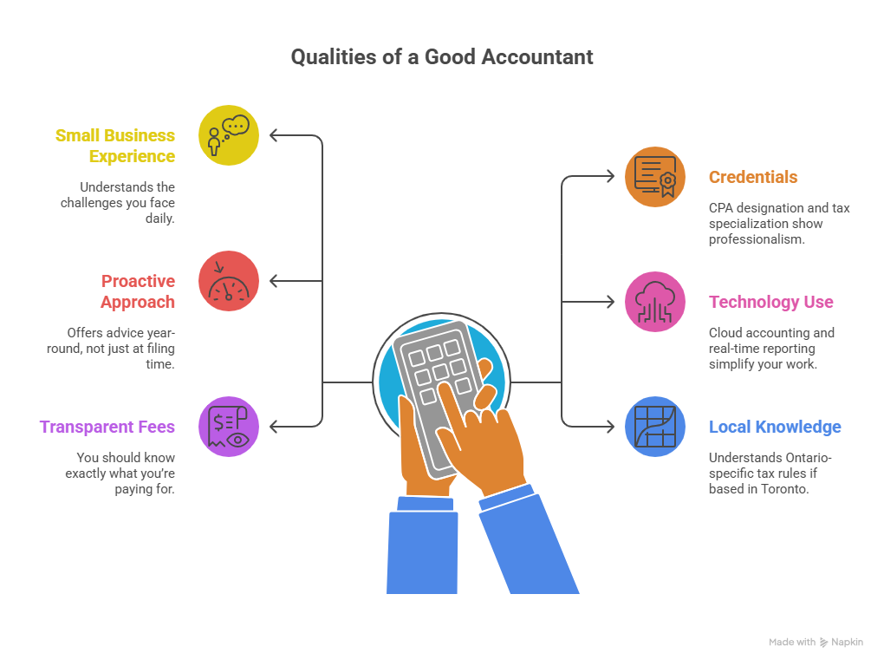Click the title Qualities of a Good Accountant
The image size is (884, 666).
(442, 57)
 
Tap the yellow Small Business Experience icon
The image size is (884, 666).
(229, 135)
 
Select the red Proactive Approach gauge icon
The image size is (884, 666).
(229, 281)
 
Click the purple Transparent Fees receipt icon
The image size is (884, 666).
(229, 427)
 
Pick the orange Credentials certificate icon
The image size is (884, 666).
(655, 177)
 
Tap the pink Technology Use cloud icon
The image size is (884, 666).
(655, 302)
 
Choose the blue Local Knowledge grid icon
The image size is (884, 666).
(655, 427)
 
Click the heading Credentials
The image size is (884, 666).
(752, 177)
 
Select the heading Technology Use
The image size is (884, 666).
(770, 302)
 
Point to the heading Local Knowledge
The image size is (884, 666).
(774, 427)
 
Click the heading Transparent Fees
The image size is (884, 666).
(107, 427)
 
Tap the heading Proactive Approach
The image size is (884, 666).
(138, 291)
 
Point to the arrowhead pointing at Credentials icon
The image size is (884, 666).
(610, 177)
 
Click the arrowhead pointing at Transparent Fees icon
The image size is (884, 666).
(274, 427)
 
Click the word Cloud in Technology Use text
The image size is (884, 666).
(726, 333)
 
